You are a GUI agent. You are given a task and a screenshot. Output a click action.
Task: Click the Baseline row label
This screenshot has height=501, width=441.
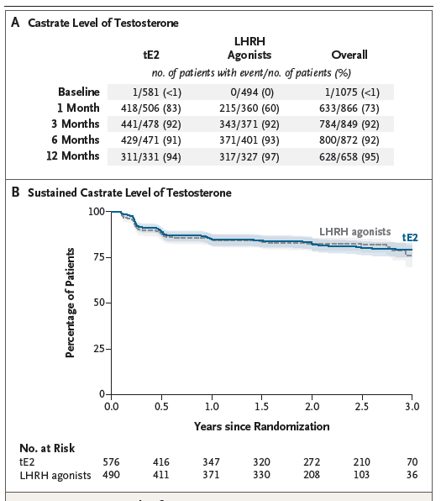tap(79, 92)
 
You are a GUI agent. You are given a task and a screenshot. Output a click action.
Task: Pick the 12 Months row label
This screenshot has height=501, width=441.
tap(73, 156)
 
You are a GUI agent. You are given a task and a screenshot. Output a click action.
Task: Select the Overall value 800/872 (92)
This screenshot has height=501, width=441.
tap(349, 140)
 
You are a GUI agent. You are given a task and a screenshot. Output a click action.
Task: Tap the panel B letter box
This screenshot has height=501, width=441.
tap(16, 192)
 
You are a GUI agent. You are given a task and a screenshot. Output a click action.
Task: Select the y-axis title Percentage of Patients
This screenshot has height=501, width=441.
tap(71, 303)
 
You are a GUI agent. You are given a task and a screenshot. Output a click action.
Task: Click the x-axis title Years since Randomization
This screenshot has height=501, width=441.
tap(261, 426)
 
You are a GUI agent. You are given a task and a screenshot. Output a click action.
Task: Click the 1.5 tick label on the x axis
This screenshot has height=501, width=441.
tap(261, 407)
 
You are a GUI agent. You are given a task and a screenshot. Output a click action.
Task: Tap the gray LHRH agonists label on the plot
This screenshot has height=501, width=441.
tap(354, 231)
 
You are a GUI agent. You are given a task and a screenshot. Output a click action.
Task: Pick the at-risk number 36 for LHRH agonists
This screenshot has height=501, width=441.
tap(410, 476)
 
